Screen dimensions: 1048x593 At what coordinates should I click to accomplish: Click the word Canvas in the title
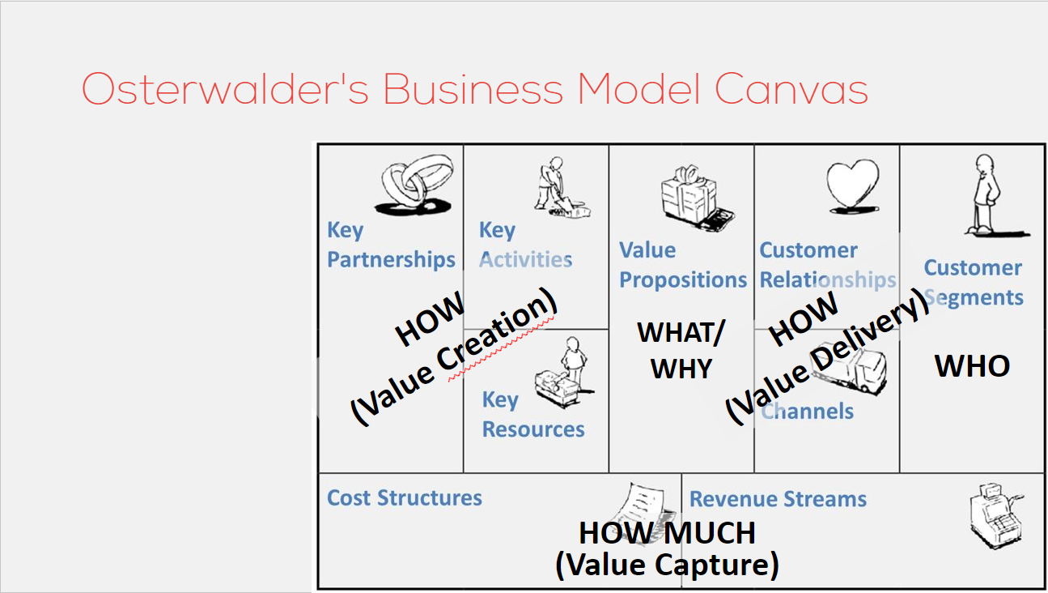[791, 88]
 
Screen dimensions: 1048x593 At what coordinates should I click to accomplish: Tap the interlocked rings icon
[414, 185]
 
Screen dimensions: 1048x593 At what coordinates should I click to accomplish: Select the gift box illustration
[697, 198]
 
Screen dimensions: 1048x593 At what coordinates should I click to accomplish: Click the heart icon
[853, 186]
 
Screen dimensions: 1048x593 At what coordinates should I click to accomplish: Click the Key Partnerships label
[391, 245]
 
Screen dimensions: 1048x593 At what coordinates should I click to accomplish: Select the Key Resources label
[533, 415]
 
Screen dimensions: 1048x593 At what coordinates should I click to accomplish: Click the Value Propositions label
[682, 265]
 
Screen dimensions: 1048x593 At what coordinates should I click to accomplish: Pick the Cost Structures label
[405, 497]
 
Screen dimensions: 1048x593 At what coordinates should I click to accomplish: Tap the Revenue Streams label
[778, 499]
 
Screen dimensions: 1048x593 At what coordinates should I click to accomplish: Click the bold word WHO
[972, 366]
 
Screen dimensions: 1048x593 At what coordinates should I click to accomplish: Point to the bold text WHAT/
[681, 333]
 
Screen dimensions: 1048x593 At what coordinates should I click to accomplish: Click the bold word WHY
[681, 369]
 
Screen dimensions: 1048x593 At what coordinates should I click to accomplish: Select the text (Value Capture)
[667, 565]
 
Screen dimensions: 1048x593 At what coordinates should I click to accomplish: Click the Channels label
[807, 412]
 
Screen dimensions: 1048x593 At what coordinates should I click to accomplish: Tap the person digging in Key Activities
[561, 187]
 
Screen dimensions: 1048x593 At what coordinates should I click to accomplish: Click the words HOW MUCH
[667, 533]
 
